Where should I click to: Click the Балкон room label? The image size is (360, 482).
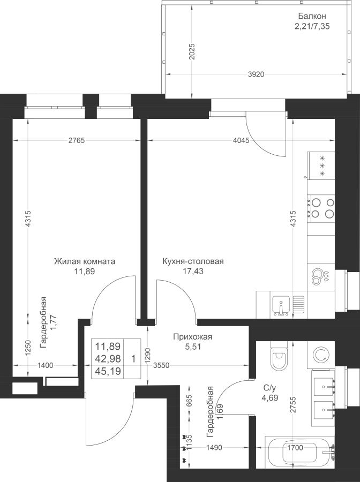coord(312,16)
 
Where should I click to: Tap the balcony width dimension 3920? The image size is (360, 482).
coord(256,74)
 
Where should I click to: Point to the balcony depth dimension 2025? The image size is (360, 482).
coord(192,52)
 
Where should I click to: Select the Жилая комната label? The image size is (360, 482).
coord(85,261)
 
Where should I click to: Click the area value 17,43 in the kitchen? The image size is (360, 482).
coord(193,272)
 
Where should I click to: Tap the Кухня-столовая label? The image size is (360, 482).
coord(193,261)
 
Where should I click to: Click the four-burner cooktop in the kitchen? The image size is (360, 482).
coord(321,208)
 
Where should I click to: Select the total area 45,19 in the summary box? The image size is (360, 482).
coord(107,371)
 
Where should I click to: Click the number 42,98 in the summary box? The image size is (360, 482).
coord(107,359)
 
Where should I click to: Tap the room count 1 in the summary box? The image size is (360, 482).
coord(133,359)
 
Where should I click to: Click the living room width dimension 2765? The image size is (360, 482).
coord(76,141)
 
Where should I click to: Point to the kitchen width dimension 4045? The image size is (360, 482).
coord(241,141)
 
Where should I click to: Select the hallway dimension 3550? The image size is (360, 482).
coord(161,365)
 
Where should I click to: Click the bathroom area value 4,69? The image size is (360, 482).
coord(269,398)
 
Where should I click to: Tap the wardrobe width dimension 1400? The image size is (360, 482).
coord(45,365)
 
